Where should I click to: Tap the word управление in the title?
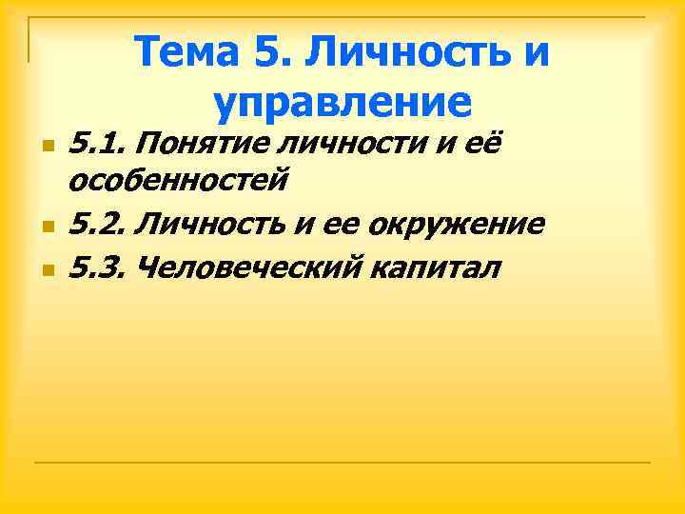click(342, 101)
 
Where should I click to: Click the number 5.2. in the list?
click(100, 224)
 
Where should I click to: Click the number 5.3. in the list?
click(100, 267)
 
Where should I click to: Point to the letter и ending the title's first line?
click(536, 52)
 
